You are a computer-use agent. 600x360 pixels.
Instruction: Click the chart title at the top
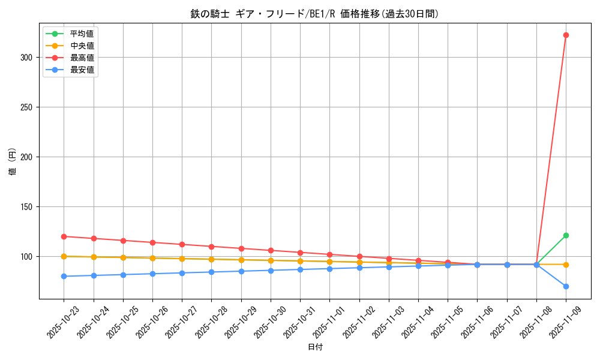coord(315,14)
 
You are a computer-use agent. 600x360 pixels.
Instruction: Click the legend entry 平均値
coord(82,34)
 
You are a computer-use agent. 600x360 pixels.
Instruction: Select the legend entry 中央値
coord(82,46)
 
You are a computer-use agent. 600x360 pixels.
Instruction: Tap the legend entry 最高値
coord(82,58)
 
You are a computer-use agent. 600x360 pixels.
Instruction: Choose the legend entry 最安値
coord(82,70)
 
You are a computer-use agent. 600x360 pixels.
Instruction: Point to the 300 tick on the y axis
coord(28,58)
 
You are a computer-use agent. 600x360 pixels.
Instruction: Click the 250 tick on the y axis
coord(28,107)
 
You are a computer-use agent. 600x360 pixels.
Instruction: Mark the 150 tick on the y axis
coord(28,207)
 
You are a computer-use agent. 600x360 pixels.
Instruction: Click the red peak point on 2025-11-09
coord(566,35)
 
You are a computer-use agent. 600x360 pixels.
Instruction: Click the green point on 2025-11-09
coord(566,235)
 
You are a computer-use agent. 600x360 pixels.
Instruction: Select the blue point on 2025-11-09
coord(566,286)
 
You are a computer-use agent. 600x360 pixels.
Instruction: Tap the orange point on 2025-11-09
coord(566,265)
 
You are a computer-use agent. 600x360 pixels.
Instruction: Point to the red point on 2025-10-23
coord(64,236)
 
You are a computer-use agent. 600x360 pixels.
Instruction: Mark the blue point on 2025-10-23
coord(64,276)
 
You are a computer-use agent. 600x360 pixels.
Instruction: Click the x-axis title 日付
coord(315,347)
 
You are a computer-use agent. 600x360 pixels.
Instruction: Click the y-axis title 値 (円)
coord(13,161)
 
